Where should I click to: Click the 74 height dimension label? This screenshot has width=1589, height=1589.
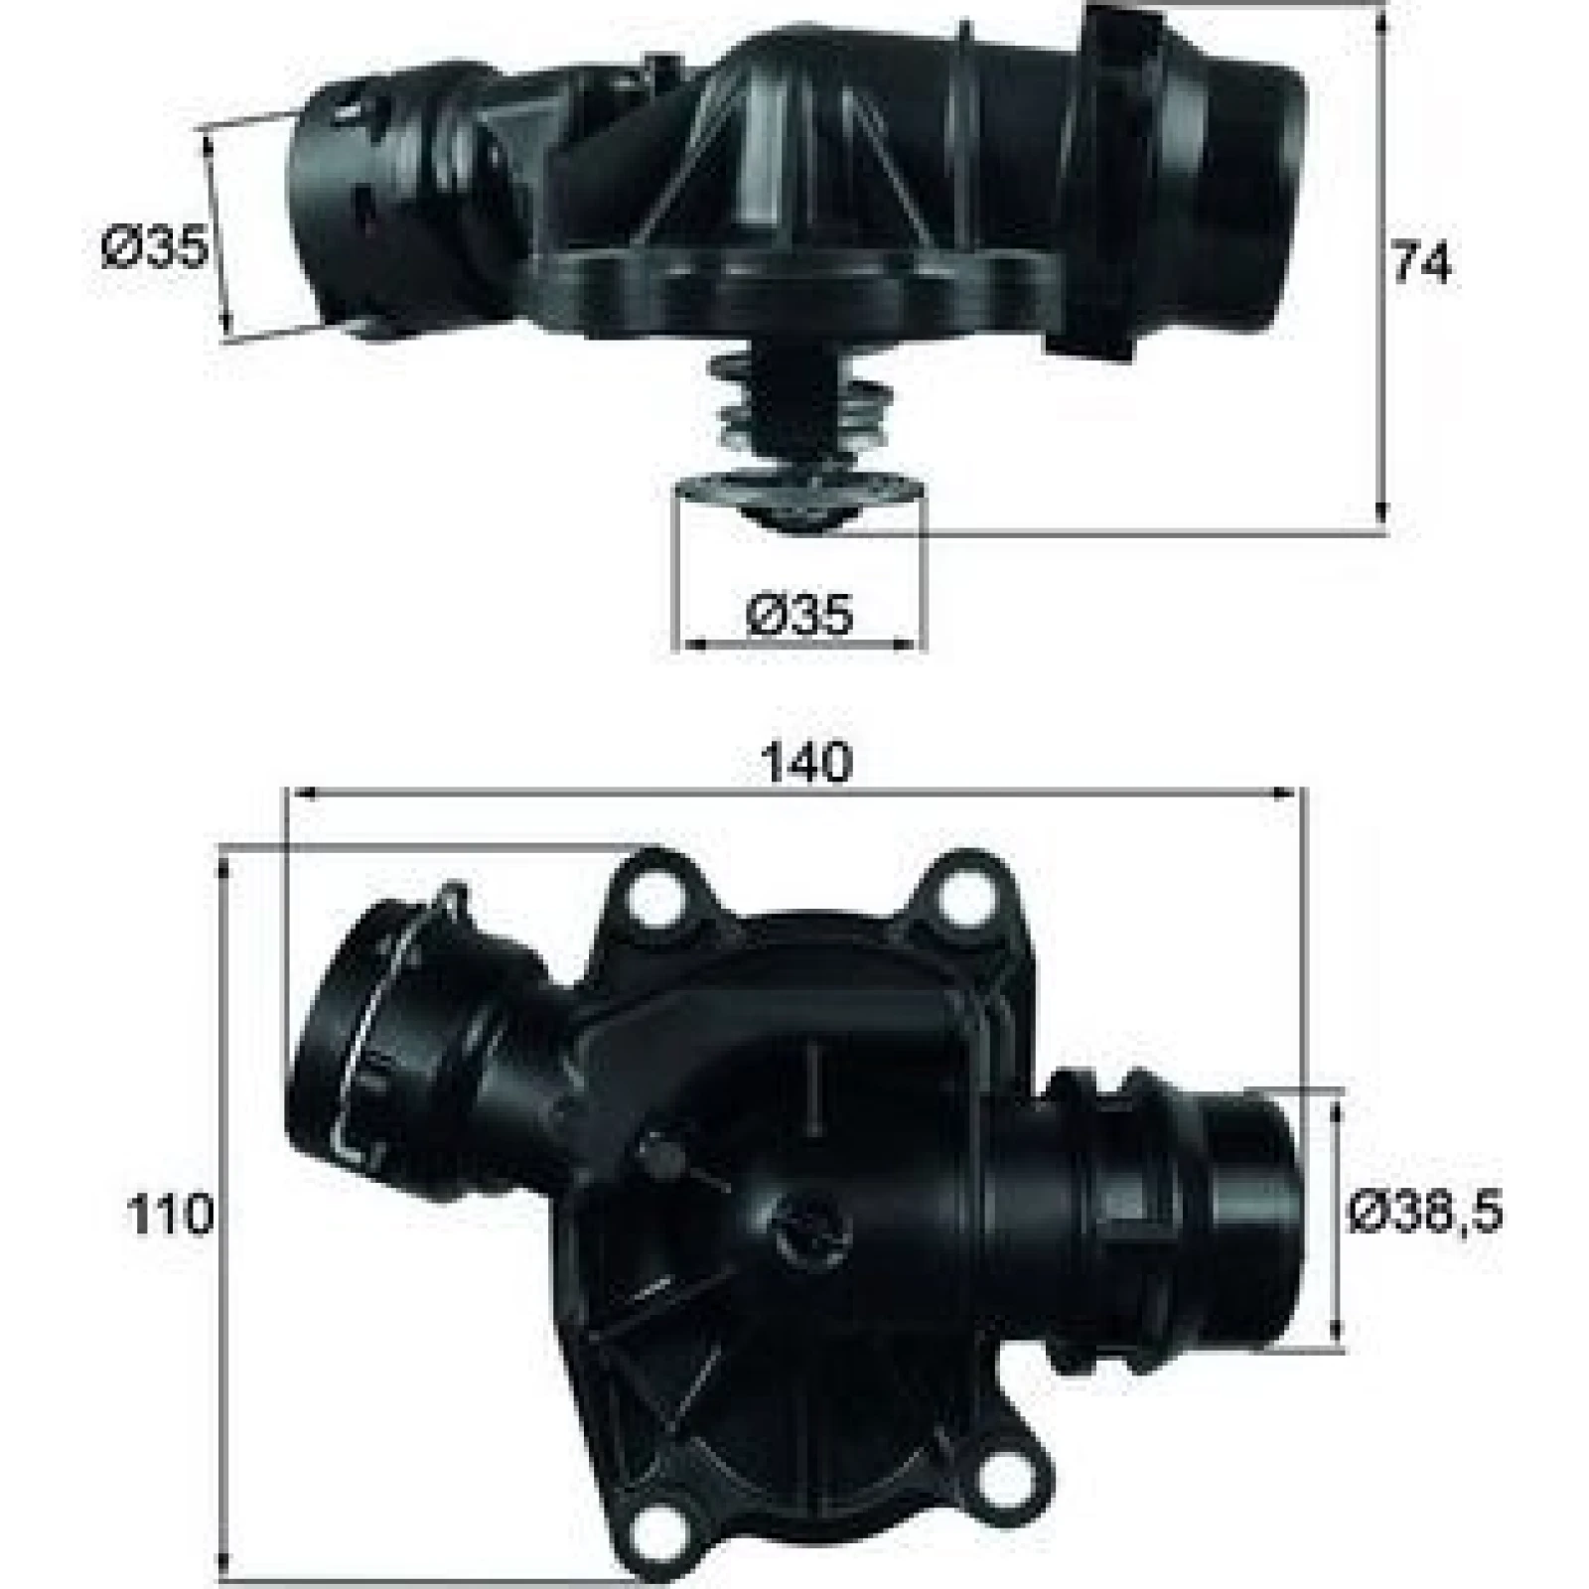(x=1421, y=264)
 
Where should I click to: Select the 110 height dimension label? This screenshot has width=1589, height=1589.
(x=170, y=1214)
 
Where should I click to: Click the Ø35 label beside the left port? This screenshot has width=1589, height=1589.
(x=155, y=246)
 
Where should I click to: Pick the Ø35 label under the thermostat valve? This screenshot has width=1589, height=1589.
(x=799, y=615)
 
